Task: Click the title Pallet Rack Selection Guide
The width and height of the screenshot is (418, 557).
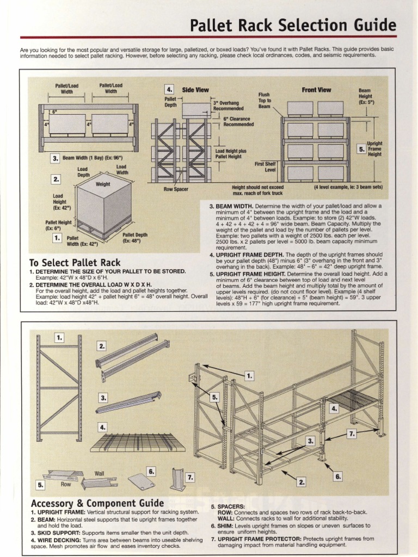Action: tap(293, 25)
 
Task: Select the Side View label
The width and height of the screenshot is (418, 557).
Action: tap(195, 90)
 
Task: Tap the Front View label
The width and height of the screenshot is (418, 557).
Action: tap(316, 90)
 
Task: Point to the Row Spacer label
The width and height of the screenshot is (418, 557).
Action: tap(175, 189)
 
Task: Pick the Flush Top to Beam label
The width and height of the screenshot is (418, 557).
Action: tap(265, 100)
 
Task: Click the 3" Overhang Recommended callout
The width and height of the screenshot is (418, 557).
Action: tap(228, 106)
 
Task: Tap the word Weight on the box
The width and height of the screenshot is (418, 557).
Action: tap(103, 184)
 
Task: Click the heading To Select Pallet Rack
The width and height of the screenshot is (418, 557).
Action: tap(75, 263)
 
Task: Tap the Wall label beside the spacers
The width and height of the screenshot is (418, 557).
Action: tap(100, 473)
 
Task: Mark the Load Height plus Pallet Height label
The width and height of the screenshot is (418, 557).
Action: tap(231, 153)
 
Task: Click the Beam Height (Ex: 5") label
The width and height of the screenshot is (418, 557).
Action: tap(366, 97)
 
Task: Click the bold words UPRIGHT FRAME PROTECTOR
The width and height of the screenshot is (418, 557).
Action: tap(260, 539)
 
